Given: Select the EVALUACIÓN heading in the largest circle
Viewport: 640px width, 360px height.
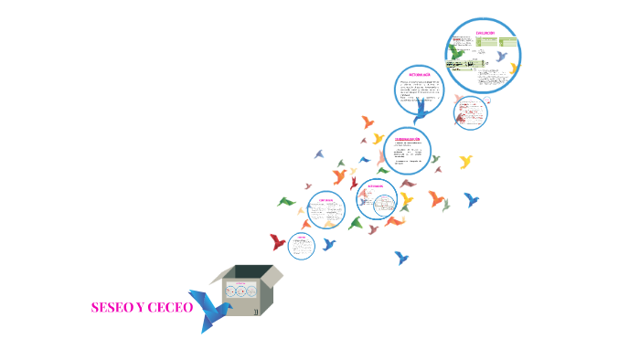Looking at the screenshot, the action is click(x=485, y=33).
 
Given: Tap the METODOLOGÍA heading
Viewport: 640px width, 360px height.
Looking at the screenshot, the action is click(x=419, y=72).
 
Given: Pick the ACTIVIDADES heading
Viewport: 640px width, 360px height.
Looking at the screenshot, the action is click(x=376, y=185).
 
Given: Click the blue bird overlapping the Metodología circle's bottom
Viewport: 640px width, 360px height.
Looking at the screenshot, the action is click(x=421, y=112).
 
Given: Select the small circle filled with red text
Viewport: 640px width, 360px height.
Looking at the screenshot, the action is click(x=470, y=113).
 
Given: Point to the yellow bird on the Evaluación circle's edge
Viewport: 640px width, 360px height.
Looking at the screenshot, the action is click(x=514, y=69).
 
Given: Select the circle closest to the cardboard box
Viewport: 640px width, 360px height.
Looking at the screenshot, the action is click(x=302, y=245).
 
